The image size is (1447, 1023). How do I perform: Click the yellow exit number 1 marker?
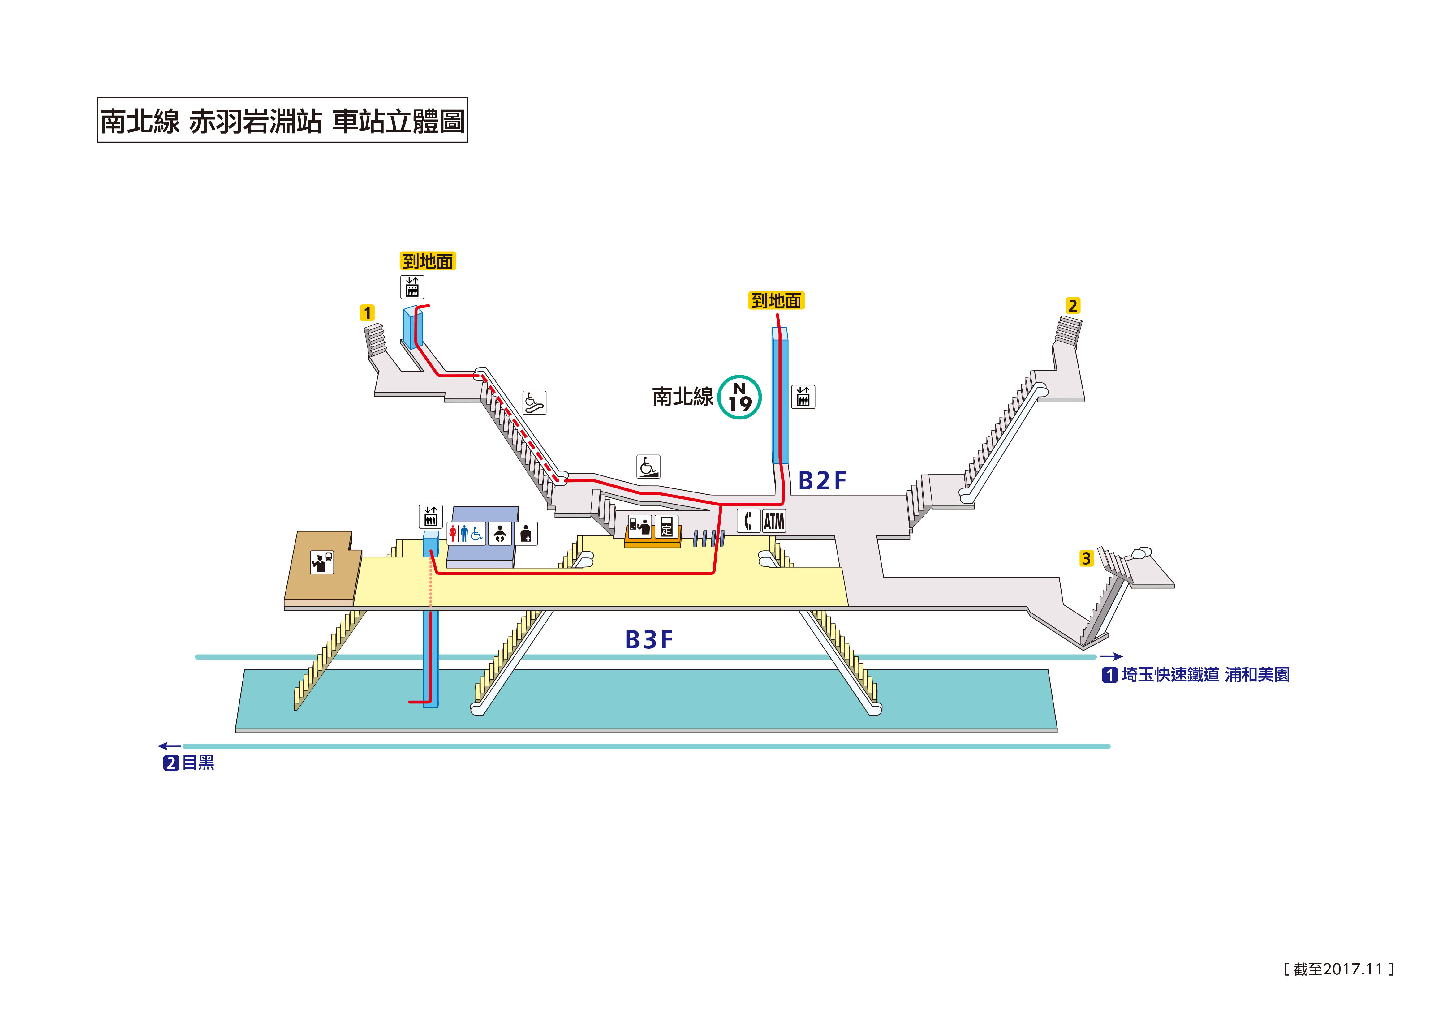tap(367, 313)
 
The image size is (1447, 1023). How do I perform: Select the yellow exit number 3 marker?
tap(1086, 558)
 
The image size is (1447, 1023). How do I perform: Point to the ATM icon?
tap(774, 521)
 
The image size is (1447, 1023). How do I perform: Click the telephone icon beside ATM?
tap(748, 521)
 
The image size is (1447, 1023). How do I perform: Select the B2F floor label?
tap(822, 481)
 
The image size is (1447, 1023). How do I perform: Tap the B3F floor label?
tap(648, 640)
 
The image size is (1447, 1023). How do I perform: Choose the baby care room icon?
tap(500, 534)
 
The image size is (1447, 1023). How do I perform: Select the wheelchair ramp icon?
tap(648, 466)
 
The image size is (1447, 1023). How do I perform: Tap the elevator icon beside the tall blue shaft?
tap(803, 397)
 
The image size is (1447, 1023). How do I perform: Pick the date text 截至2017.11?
tap(1338, 969)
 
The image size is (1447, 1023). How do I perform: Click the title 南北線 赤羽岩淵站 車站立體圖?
tap(282, 120)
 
